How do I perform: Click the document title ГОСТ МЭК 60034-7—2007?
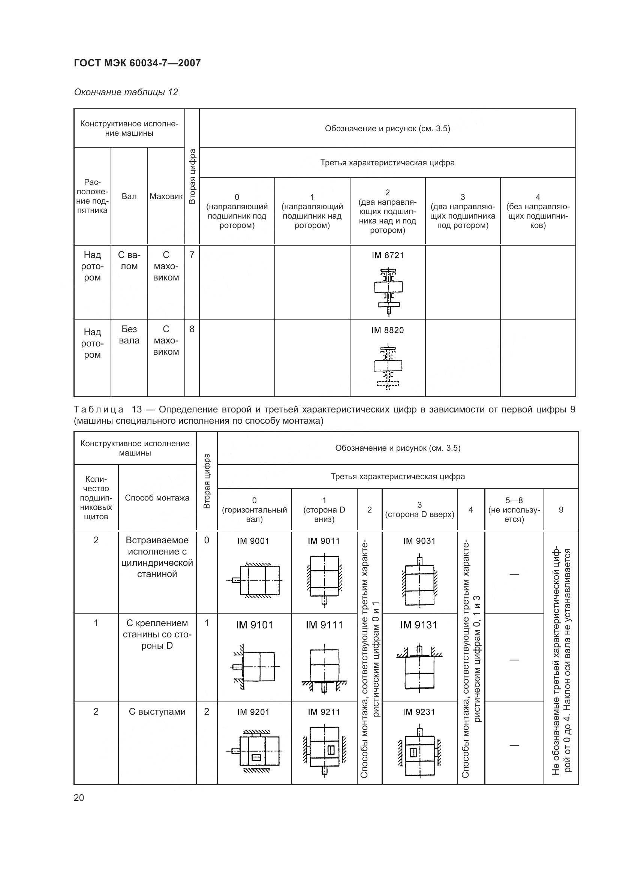coord(137,63)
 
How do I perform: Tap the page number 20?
coord(79,798)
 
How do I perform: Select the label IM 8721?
coord(388,255)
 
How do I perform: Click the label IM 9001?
coord(253,541)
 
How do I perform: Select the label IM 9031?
coord(419,541)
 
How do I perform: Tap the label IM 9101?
coord(254,625)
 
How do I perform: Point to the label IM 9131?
coord(419,625)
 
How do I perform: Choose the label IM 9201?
coord(253,712)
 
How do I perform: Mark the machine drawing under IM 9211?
coord(324,751)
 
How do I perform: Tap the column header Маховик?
coord(166,196)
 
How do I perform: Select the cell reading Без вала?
coord(129,334)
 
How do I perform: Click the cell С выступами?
coord(157,712)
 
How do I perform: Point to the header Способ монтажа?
coord(157,498)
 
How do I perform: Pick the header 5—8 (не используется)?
coord(514,510)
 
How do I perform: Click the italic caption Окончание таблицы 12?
coord(126,92)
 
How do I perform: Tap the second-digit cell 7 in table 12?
coord(192,254)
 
